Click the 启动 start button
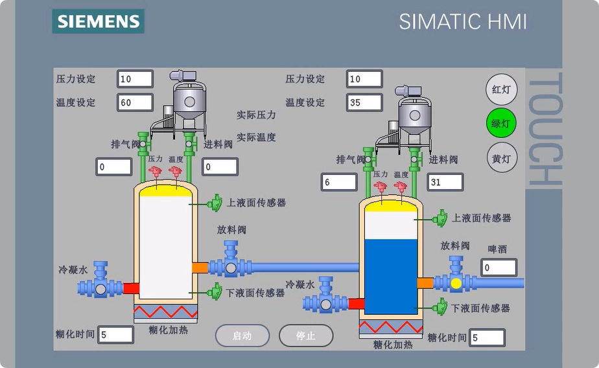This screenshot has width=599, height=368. point(242,336)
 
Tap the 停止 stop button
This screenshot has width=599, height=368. point(305,336)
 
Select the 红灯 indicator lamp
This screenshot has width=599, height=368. point(502,89)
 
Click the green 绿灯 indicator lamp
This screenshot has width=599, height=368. point(502,123)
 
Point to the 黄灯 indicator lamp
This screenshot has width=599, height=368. point(502,158)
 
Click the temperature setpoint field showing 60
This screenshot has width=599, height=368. point(135,102)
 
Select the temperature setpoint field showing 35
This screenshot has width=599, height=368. point(364,102)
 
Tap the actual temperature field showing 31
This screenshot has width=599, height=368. point(444,182)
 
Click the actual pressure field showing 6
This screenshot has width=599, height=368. point(338,182)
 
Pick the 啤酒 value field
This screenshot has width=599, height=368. point(499,267)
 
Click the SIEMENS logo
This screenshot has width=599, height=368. point(99,21)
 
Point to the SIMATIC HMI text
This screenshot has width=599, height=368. point(462,21)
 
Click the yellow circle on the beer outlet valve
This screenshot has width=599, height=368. point(456,282)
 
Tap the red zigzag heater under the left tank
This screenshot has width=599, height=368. point(165,312)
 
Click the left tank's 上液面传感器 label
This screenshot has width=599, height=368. point(256,202)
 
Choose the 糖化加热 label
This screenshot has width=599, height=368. point(392,345)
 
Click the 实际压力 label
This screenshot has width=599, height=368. point(256,115)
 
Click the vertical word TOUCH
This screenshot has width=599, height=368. point(543,130)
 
